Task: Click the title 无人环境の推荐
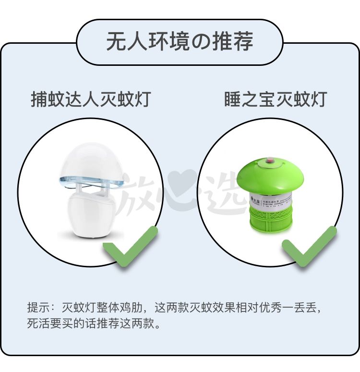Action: [x=180, y=42]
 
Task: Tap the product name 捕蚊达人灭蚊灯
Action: [x=91, y=99]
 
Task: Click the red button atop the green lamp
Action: [x=269, y=159]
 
